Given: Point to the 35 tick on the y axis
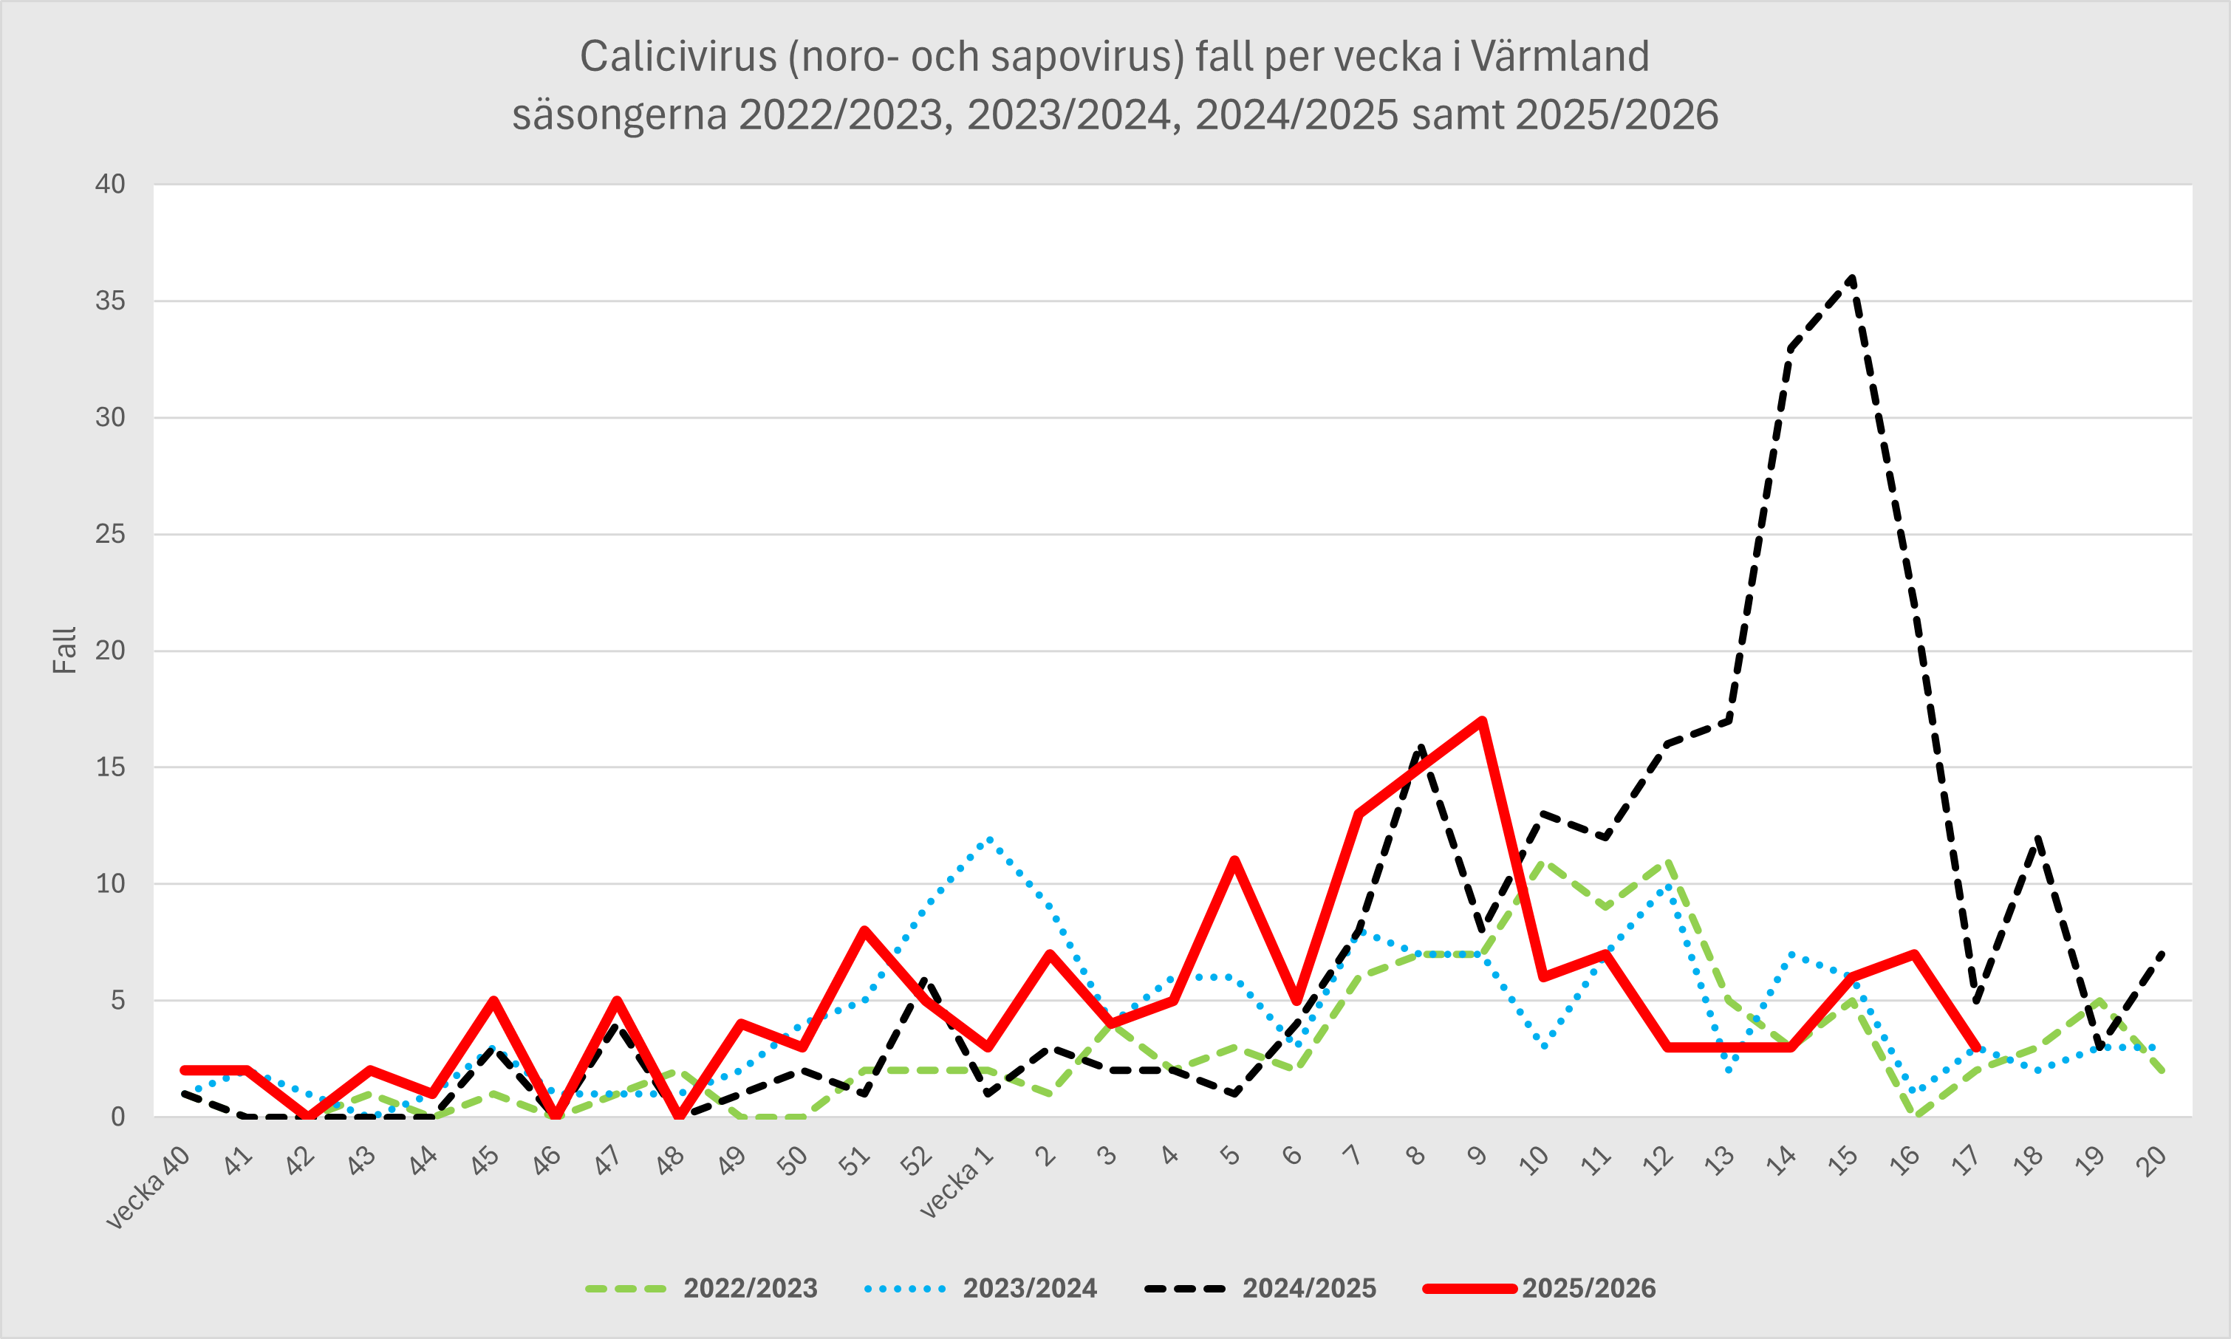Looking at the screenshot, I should click(110, 301).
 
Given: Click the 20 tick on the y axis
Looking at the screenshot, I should click(110, 651).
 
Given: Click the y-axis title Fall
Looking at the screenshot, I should click(64, 651).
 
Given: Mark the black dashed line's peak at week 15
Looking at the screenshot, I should click(1852, 277).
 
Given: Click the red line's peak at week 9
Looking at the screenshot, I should click(1482, 720).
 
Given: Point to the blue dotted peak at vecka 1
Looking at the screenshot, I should click(989, 838).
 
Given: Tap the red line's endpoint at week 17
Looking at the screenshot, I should click(1976, 1047).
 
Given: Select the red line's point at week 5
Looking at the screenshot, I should click(1234, 861).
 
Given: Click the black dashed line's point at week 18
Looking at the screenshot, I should click(2038, 838).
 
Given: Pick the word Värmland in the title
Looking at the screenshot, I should click(1559, 56).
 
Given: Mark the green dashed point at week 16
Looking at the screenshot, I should click(1914, 1116).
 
